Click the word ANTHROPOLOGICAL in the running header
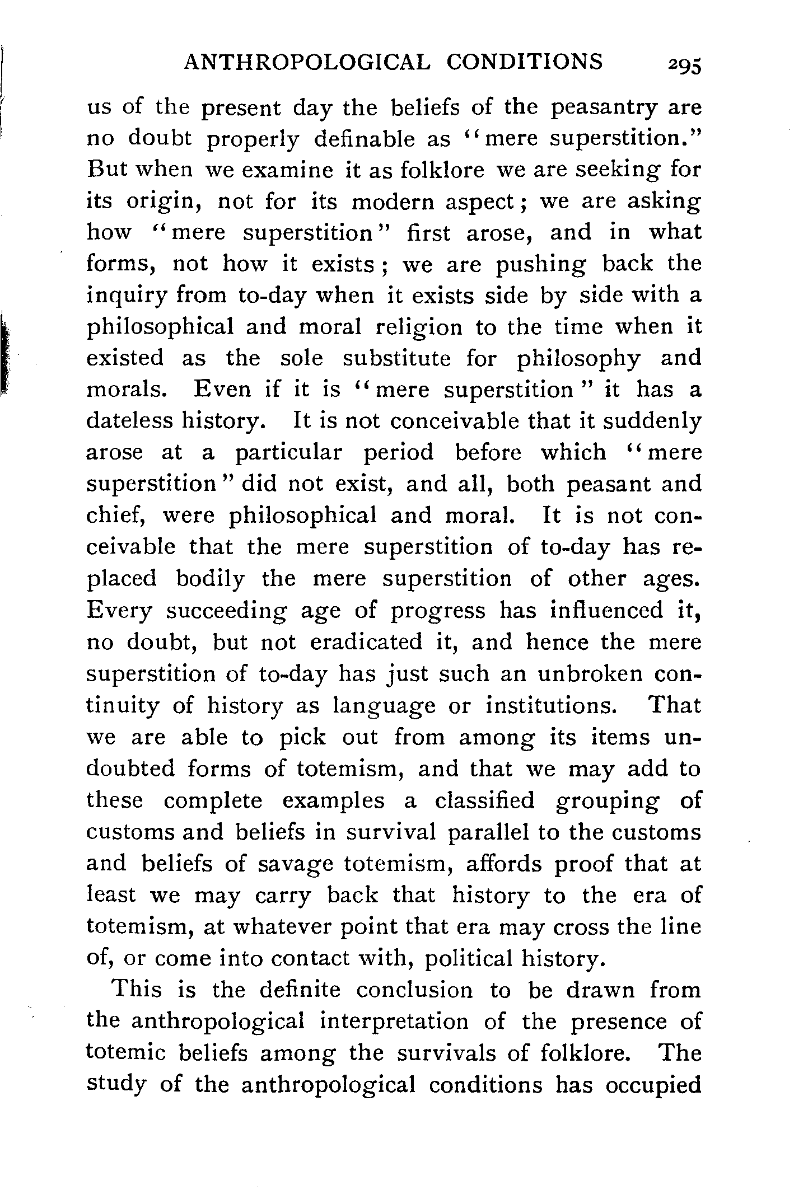click(307, 62)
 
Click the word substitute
click(396, 359)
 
